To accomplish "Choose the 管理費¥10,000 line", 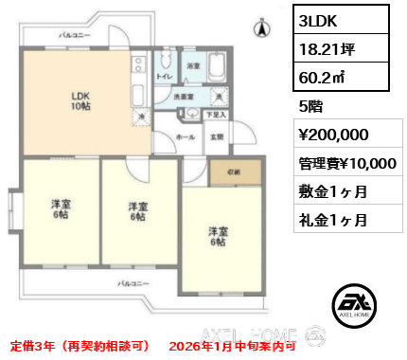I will coord(346,163).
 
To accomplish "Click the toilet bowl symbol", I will coord(163,62).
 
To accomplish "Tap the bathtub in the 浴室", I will coord(214,68).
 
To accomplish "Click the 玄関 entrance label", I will coord(217,136).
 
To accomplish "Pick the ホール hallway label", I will coord(186,136).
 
